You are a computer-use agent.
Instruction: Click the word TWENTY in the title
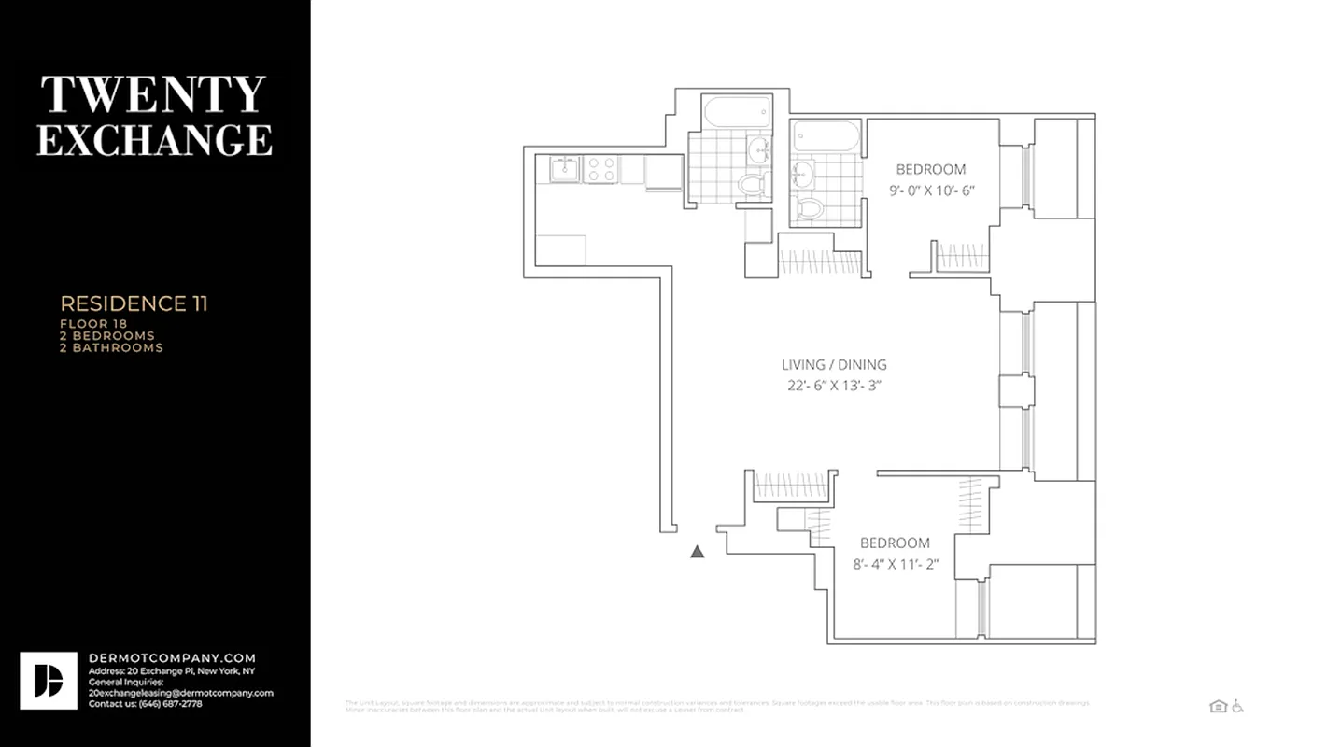pos(153,94)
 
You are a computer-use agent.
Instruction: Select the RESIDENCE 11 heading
pos(134,303)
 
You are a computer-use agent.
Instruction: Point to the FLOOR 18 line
pos(93,324)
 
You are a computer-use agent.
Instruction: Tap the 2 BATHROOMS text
pos(111,347)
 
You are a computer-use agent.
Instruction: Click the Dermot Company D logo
pos(49,681)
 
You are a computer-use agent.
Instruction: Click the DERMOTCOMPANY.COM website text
pos(172,658)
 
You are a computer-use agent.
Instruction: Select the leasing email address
pos(180,693)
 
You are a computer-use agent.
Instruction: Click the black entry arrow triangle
pos(697,552)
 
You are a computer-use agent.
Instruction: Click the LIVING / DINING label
pos(834,365)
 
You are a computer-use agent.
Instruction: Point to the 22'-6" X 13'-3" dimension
pos(834,386)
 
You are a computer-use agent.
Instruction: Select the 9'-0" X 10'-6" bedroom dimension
pos(932,190)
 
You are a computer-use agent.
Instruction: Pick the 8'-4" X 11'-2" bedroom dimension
pos(895,564)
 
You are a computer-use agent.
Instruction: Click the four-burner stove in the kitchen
pos(601,169)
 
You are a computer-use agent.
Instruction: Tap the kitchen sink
pos(563,169)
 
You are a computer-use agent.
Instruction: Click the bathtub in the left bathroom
pos(737,113)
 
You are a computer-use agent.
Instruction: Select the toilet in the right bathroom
pos(809,207)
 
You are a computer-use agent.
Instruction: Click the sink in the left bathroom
pos(759,148)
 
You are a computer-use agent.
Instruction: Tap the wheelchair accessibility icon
pos(1237,707)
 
